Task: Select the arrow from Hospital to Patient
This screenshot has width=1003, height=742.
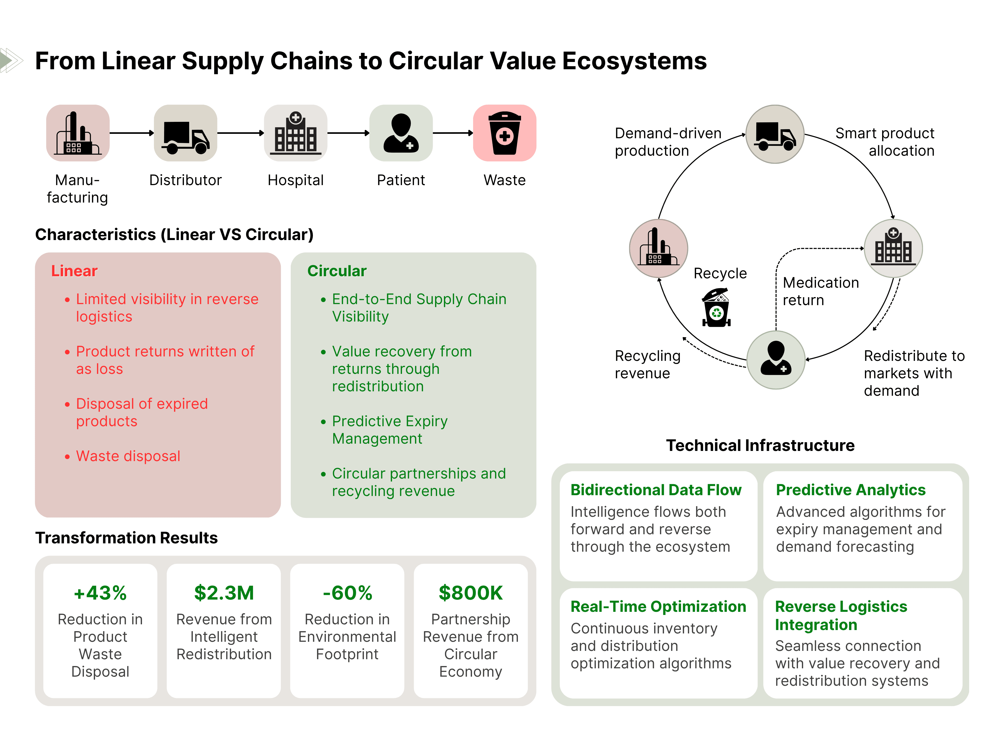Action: coord(348,133)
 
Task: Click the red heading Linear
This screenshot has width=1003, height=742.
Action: coord(74,271)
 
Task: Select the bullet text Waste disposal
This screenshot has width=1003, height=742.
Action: coord(128,456)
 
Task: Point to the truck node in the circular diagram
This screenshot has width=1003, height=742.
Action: coord(775,134)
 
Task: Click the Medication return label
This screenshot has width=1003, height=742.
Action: coord(821,291)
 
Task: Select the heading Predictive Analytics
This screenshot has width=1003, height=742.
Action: coord(850,489)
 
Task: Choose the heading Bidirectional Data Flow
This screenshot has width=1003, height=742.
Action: coord(656,489)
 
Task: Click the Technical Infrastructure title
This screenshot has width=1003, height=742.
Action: coord(760,445)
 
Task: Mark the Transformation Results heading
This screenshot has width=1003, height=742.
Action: coord(126,538)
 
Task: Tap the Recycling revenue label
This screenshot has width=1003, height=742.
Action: coord(647,364)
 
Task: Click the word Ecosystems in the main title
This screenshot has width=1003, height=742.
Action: coord(634,61)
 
